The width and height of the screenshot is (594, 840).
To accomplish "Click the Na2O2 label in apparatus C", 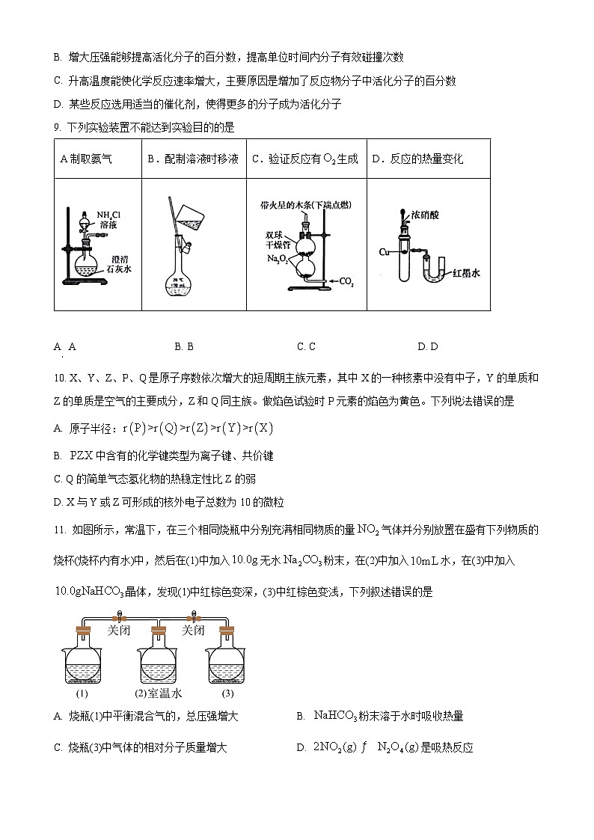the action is point(277,258).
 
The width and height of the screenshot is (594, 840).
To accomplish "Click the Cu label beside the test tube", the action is point(385,251).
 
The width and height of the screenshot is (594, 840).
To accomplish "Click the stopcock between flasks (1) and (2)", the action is point(118,618).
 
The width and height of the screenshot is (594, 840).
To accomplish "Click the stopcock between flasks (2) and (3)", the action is point(194,618).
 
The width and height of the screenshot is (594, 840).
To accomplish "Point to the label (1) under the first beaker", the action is point(82,693).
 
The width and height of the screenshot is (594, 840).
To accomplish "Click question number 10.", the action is point(61,378).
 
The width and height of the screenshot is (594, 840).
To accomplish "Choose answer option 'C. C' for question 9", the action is point(306,346).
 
